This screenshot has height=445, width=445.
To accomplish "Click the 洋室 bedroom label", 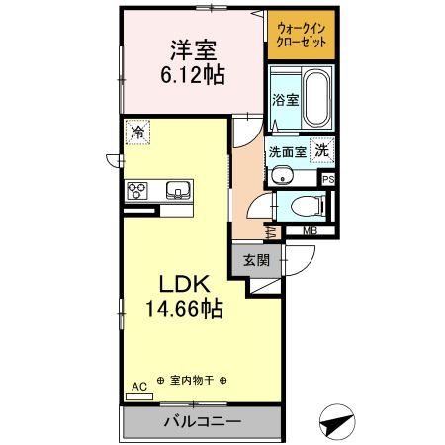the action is coord(193,50).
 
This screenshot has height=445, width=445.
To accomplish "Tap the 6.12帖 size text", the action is coord(193,75).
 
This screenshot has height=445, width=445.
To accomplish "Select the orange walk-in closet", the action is coord(302,35).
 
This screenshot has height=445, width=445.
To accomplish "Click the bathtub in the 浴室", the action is coord(316,99).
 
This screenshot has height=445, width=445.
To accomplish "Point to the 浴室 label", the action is coord(286,100).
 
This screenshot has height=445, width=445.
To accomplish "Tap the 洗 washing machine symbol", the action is coord(322,150).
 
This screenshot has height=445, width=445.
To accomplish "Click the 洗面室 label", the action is coord(288,152).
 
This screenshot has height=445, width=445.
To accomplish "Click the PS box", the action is coord(328,180).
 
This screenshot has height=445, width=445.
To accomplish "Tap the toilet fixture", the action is coord(309,207).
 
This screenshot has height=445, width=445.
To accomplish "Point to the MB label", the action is coord(311,231).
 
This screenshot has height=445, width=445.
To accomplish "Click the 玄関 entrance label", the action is coord(256,260).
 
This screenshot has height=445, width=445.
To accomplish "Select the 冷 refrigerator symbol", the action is coord(137,133).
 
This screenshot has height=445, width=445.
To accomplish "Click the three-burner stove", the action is coord(137,191).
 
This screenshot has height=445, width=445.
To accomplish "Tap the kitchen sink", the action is coord(178,190).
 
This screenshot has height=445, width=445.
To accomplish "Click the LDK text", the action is coord(185,284).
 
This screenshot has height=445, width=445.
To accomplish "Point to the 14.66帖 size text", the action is coord(184,309).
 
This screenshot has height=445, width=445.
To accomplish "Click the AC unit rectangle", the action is coord(139,396).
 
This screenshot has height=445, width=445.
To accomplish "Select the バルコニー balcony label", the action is coord(203,422).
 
